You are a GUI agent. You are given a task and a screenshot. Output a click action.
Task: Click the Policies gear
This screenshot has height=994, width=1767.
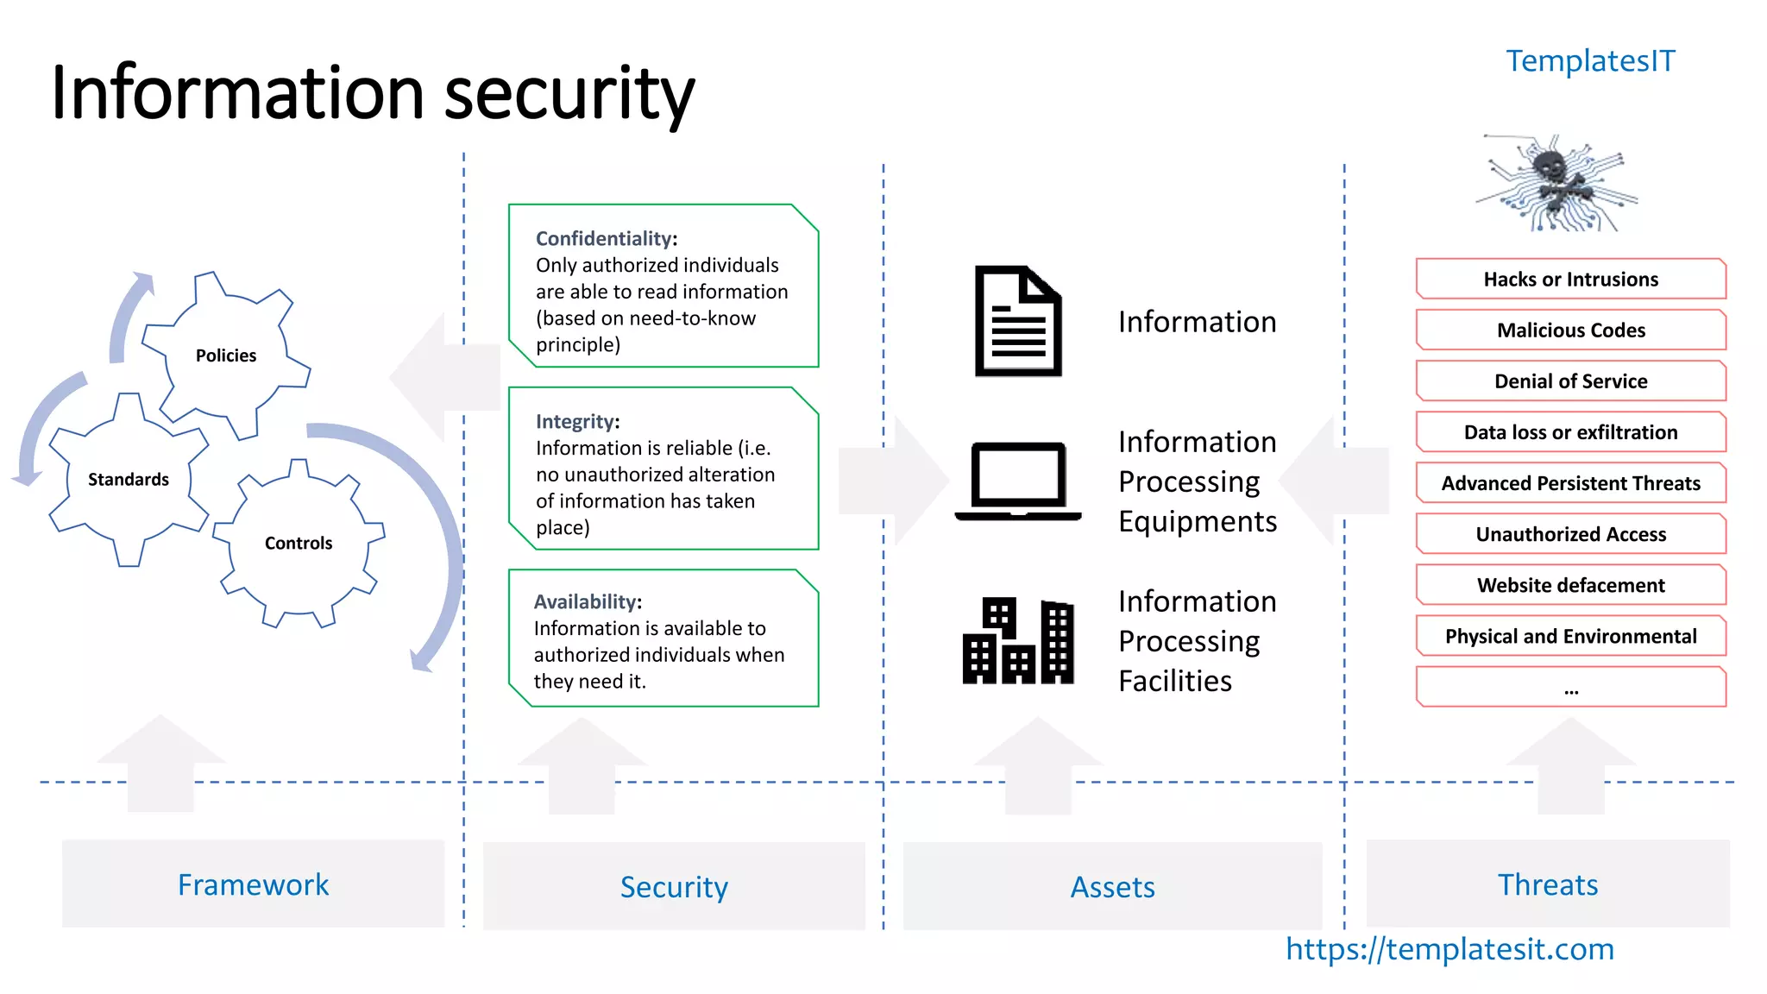[226, 355]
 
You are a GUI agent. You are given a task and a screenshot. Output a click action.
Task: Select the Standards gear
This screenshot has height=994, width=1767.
[129, 479]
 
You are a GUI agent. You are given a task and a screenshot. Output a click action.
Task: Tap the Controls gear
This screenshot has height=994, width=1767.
[299, 543]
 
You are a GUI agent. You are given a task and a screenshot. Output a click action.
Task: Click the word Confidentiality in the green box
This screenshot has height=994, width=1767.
[606, 239]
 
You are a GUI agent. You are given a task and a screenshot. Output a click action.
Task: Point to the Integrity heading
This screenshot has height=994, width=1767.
[577, 422]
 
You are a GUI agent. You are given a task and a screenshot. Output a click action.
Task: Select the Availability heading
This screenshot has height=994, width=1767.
[588, 602]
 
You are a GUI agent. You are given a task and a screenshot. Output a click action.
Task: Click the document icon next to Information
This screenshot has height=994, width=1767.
[1017, 321]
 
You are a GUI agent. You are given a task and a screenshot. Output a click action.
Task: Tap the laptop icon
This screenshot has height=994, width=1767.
[1018, 481]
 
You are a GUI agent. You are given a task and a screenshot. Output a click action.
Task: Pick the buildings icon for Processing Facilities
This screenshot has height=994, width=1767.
[1018, 640]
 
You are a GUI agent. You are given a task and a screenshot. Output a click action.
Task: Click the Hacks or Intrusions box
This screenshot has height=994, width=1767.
[1570, 280]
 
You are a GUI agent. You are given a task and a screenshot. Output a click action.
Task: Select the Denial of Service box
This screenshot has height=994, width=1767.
[1570, 381]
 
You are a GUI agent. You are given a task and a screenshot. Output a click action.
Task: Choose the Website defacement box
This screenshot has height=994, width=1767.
[1570, 585]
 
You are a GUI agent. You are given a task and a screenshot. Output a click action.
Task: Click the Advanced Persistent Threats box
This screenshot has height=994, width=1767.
[1570, 483]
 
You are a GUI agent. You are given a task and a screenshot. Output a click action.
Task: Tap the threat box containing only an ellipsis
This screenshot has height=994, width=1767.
[1570, 688]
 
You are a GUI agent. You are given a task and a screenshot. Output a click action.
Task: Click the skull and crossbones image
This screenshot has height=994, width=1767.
[1553, 183]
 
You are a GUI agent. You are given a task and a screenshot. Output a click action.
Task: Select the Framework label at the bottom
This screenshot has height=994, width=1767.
[253, 884]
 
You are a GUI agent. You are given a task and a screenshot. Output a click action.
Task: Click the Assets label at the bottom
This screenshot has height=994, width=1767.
[1112, 887]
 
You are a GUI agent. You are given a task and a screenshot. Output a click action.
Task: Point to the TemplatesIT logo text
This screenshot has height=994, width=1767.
[1589, 61]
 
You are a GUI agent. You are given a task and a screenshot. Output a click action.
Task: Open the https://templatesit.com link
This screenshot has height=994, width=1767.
[1449, 949]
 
